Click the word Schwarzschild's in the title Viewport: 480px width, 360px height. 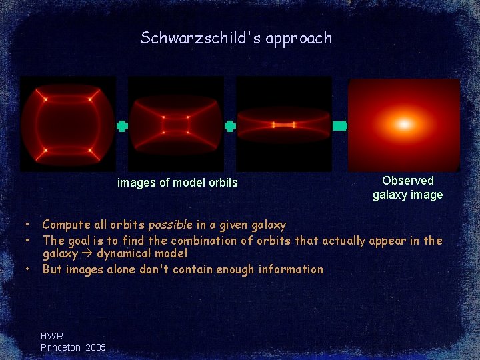pyautogui.click(x=201, y=38)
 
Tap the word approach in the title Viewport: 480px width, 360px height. pyautogui.click(x=299, y=39)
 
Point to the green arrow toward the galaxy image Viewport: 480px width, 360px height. pyautogui.click(x=340, y=125)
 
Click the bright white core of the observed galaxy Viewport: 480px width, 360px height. pyautogui.click(x=404, y=123)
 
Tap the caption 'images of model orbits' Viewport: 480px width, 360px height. pyautogui.click(x=177, y=183)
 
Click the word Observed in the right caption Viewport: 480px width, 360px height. pyautogui.click(x=407, y=181)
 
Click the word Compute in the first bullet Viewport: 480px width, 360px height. pyautogui.click(x=65, y=225)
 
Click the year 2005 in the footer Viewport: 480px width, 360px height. pyautogui.click(x=95, y=347)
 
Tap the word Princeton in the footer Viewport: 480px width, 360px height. pyautogui.click(x=61, y=347)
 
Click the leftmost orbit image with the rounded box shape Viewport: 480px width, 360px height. pyautogui.click(x=67, y=124)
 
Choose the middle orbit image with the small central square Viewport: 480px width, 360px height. pyautogui.click(x=176, y=124)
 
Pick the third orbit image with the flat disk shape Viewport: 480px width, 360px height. pyautogui.click(x=284, y=124)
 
